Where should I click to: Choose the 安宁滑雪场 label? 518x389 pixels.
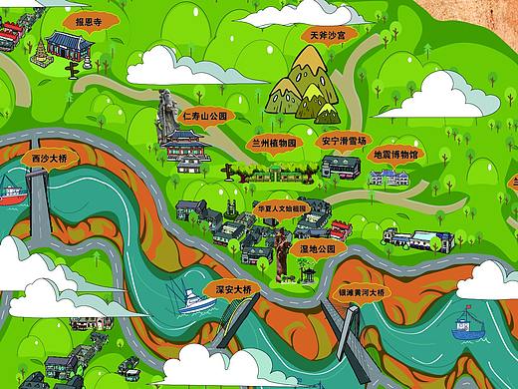pos(344,142)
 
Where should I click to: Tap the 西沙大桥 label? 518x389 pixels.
pos(48,159)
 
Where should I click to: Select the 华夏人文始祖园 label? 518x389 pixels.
pos(274,211)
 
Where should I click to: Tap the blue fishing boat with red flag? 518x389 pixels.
pos(463,321)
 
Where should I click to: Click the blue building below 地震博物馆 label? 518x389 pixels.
pos(388,177)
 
